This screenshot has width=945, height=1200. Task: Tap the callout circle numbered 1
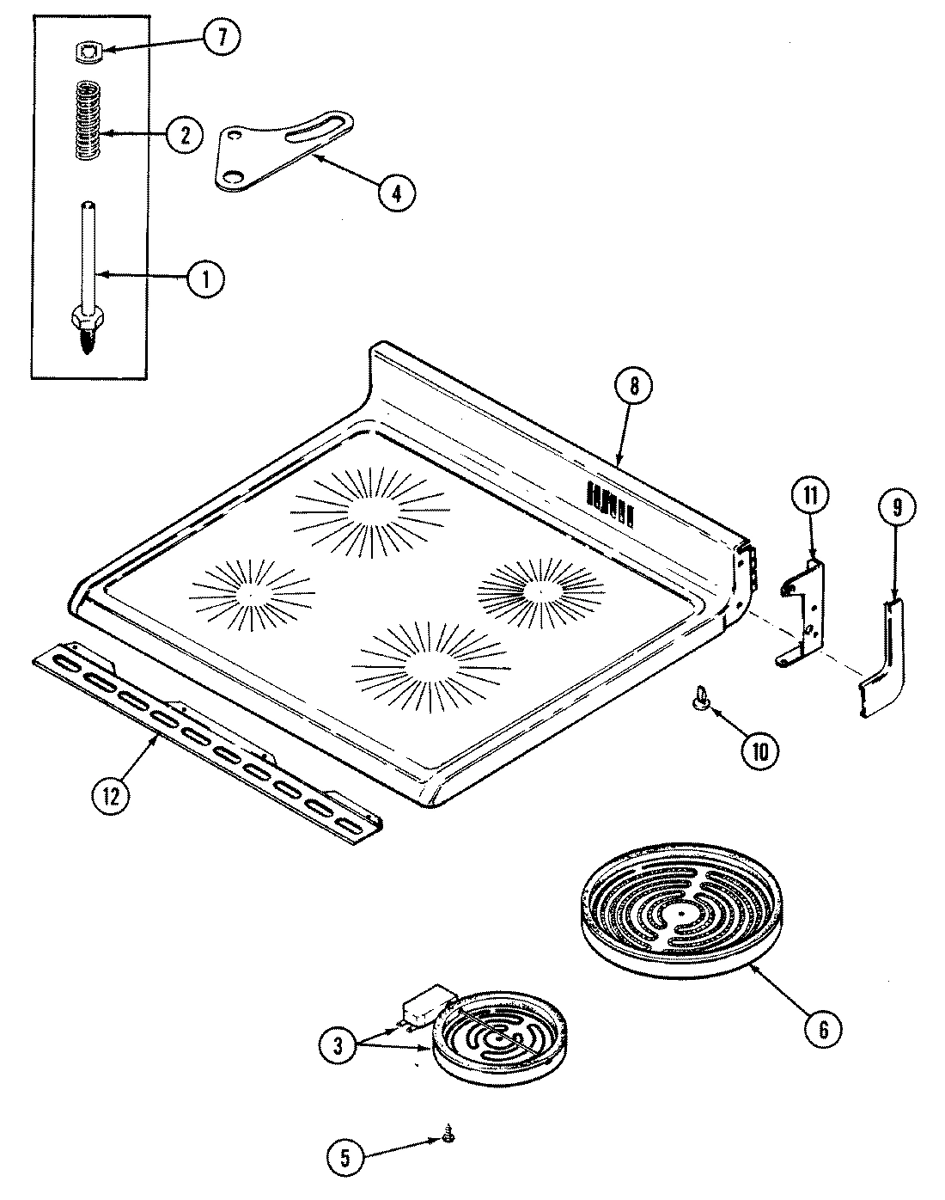[206, 278]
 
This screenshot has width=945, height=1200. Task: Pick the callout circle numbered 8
[634, 387]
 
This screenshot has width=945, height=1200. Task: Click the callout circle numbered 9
[896, 508]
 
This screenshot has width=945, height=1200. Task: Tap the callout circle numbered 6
[822, 1028]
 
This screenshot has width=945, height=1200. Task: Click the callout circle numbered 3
[338, 1045]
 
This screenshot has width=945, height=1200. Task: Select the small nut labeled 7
[83, 52]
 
